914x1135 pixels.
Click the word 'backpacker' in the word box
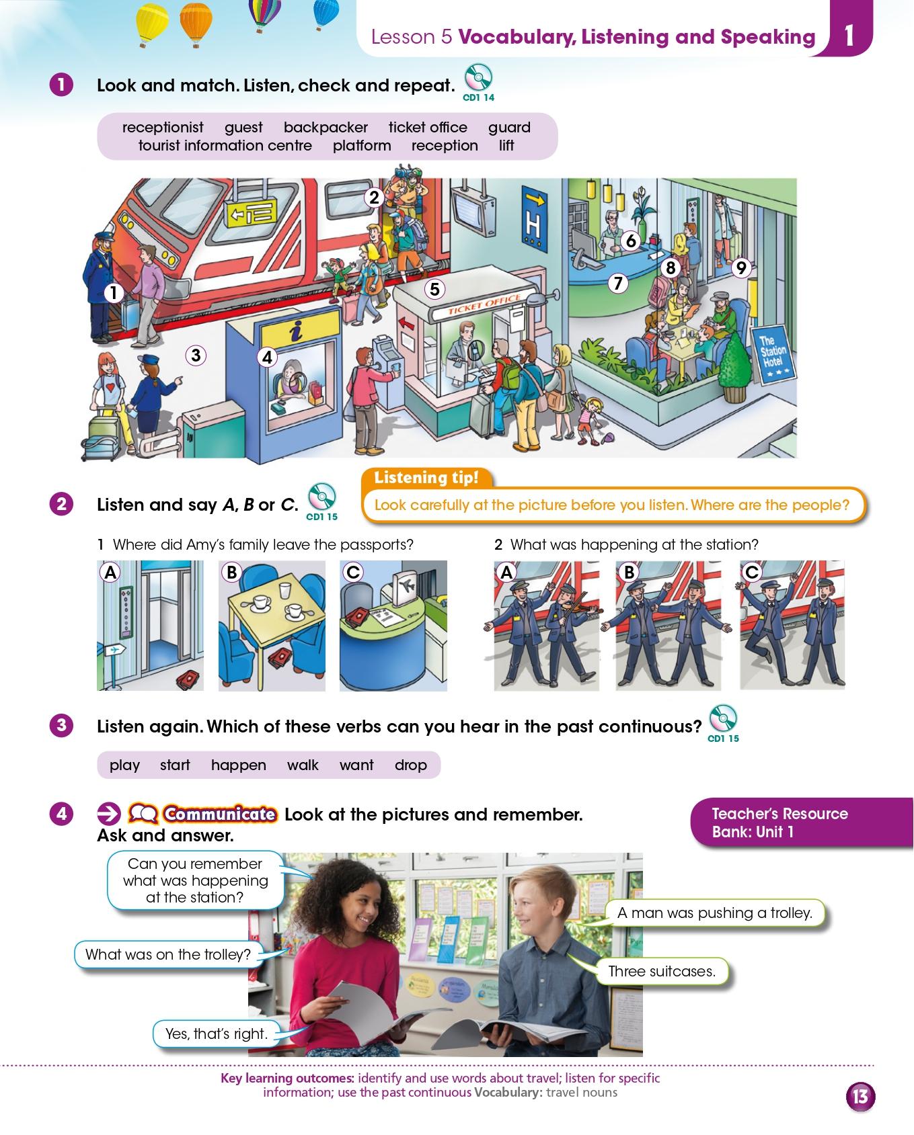[x=326, y=128]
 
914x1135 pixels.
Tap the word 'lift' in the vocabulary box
[x=506, y=146]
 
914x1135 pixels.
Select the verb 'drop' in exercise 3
[x=411, y=765]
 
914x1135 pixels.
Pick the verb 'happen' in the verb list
[x=239, y=765]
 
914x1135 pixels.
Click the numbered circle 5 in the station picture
[x=435, y=289]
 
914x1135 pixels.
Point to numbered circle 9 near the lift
[x=740, y=268]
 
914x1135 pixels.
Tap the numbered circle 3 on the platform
[x=196, y=355]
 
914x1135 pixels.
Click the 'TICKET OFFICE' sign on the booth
[x=484, y=304]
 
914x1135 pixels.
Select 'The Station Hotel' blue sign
[x=774, y=353]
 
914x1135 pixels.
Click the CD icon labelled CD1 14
[x=478, y=78]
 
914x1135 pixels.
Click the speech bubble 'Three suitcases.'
[x=661, y=971]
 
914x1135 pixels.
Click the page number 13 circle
[x=860, y=1097]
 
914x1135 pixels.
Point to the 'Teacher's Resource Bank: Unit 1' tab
[x=800, y=823]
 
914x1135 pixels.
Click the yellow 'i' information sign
[x=294, y=330]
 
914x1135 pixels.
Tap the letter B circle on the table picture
[x=231, y=573]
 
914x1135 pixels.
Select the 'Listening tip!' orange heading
[x=426, y=478]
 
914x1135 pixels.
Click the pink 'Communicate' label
[x=219, y=814]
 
